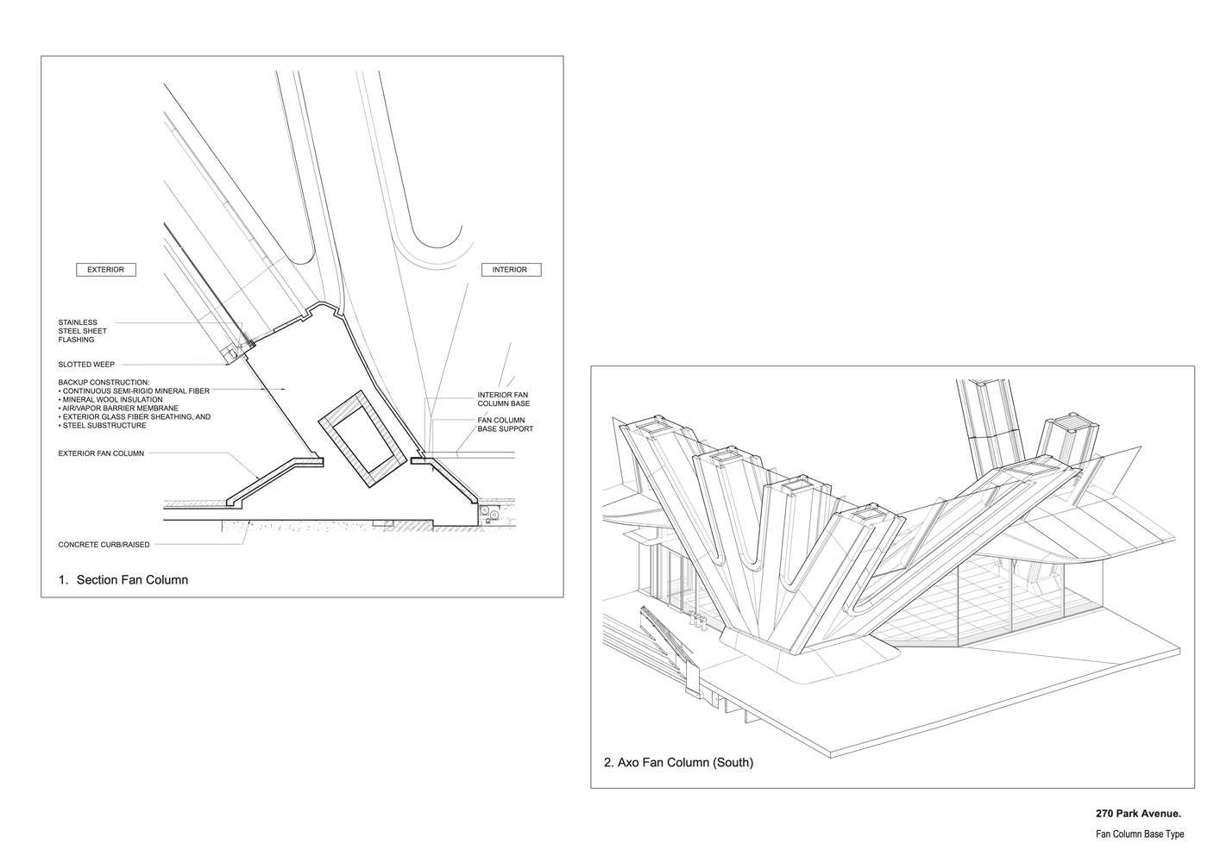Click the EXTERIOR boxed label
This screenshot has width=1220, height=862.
105,270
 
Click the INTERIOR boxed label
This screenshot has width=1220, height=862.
510,270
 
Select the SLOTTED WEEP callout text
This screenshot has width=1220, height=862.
86,365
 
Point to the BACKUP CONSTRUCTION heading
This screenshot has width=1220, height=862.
104,382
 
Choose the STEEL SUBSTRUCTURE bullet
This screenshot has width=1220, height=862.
104,425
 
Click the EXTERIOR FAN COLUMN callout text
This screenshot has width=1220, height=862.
101,453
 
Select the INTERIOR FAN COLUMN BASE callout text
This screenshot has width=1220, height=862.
503,399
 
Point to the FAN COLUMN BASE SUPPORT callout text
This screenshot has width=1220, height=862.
506,424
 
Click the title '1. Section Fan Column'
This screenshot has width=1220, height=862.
123,580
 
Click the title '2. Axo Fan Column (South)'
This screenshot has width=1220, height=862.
678,762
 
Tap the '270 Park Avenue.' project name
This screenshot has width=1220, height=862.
1138,813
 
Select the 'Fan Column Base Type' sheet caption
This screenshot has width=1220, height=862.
1140,834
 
